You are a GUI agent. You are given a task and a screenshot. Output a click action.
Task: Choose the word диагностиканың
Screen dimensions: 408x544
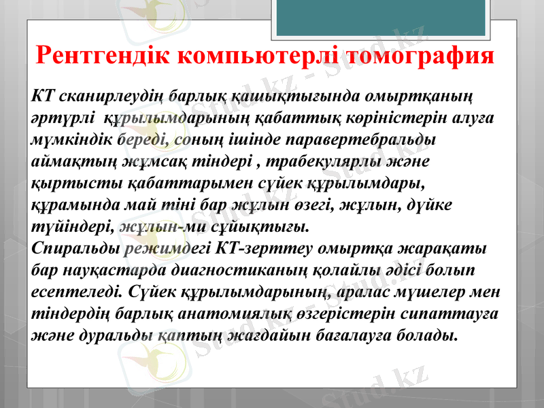254,270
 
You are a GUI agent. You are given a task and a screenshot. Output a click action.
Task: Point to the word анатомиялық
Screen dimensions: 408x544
254,313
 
